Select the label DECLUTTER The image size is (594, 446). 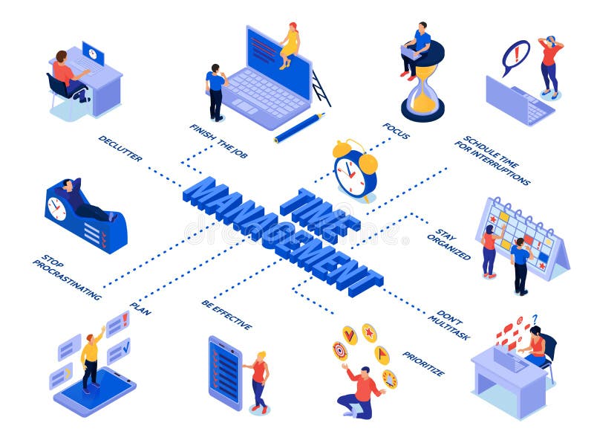120,148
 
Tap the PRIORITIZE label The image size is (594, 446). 423,363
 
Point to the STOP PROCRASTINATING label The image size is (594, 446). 67,277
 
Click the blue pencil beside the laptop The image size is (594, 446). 299,127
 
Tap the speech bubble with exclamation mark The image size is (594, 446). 515,56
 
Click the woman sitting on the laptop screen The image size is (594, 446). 290,45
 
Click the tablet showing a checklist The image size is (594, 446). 225,372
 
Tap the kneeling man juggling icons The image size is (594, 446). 360,391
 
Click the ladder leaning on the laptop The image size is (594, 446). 321,88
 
